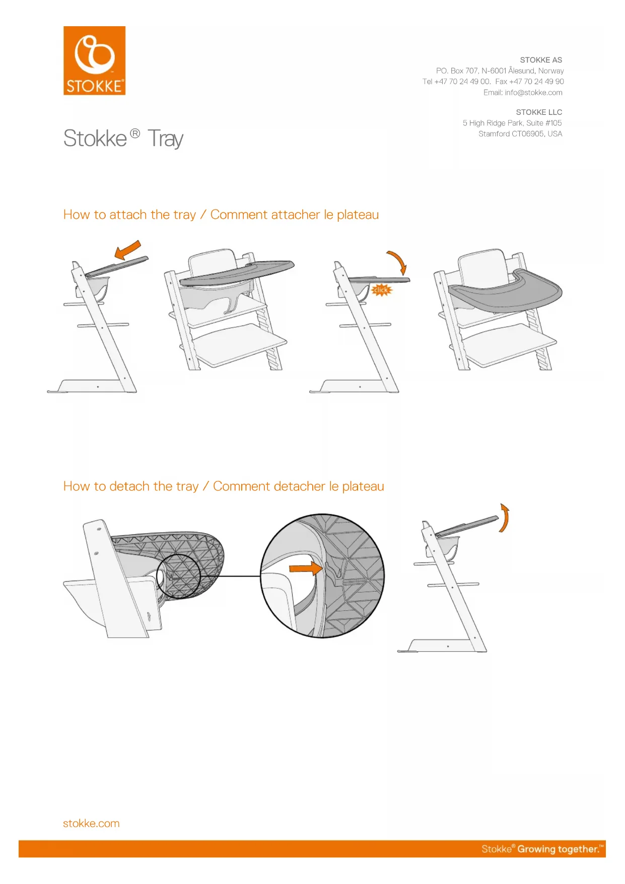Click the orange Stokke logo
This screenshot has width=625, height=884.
click(94, 60)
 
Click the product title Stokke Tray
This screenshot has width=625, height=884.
click(123, 138)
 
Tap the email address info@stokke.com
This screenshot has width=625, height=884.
click(533, 92)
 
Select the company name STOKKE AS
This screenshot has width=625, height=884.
click(541, 60)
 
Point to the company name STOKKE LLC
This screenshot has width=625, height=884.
click(539, 112)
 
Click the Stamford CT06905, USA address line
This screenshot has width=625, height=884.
click(520, 134)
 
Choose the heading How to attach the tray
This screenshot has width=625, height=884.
click(129, 215)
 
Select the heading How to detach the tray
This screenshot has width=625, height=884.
click(131, 486)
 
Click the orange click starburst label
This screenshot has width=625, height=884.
click(381, 290)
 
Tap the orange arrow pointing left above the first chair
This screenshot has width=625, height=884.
click(128, 249)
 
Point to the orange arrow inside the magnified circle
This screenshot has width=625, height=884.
click(305, 569)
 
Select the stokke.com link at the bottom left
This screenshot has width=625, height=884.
click(91, 823)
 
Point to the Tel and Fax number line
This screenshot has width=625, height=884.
click(493, 81)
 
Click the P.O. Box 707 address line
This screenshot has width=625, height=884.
click(500, 71)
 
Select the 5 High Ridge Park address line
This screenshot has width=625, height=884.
click(512, 123)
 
